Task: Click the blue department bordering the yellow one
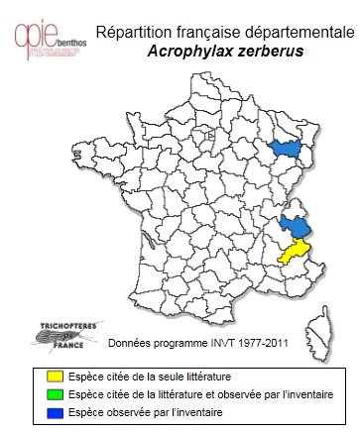294,226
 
